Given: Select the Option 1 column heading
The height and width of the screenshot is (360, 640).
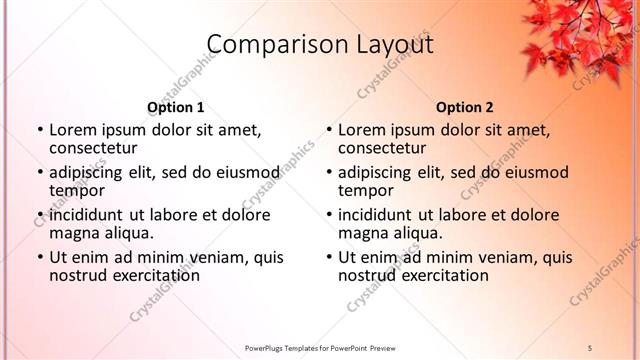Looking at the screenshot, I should pyautogui.click(x=176, y=107).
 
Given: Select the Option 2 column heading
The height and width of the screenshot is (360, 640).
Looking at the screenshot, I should pyautogui.click(x=465, y=107).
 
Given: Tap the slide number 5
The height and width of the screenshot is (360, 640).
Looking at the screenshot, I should pyautogui.click(x=590, y=347).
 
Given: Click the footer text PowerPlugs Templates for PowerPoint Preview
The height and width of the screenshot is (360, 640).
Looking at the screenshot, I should pyautogui.click(x=320, y=347).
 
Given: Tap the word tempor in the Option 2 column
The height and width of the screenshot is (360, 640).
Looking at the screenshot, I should pyautogui.click(x=365, y=190).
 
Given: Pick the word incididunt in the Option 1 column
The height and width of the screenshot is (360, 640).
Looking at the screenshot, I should pyautogui.click(x=86, y=215).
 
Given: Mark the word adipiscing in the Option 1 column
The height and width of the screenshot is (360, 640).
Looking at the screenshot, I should pyautogui.click(x=88, y=172).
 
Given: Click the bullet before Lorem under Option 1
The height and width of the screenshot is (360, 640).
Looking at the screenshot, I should pyautogui.click(x=39, y=130).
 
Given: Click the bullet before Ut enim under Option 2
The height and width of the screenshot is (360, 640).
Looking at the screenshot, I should pyautogui.click(x=328, y=257).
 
